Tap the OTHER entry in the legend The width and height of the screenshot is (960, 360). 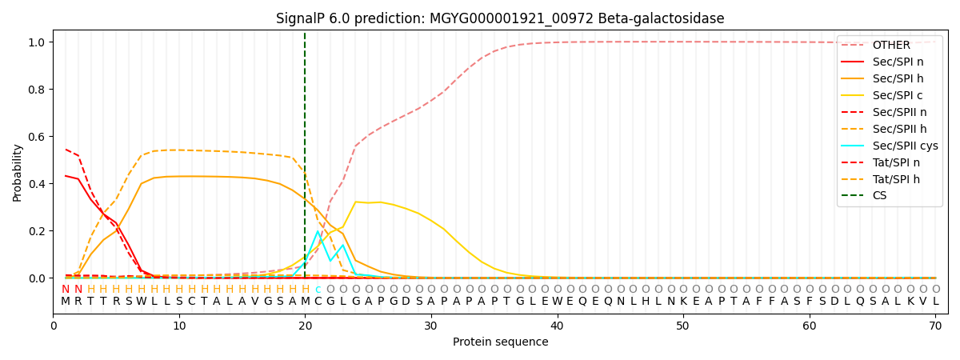click(888, 45)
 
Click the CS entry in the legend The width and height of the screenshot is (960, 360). click(879, 196)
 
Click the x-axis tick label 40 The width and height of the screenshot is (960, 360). click(557, 326)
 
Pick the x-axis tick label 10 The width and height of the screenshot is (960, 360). click(179, 326)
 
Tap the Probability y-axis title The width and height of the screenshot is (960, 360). click(18, 172)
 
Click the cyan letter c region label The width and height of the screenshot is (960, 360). click(318, 290)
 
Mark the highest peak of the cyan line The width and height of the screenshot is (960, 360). click(318, 231)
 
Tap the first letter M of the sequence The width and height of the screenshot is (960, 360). click(66, 302)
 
